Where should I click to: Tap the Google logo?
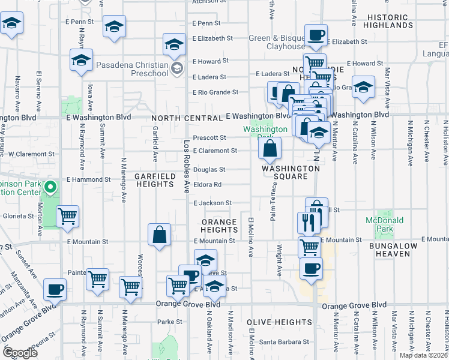coord(20,353)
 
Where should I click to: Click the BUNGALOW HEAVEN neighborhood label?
coord(388,250)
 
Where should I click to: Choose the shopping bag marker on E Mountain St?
coord(160,235)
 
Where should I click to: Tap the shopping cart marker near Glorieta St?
coord(68,217)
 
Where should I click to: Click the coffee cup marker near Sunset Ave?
coord(55,290)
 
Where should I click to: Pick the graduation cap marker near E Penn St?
coord(114,27)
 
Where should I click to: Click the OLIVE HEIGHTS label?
coord(279,322)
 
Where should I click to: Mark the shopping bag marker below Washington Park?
coord(270,149)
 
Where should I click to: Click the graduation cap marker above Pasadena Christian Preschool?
coord(174,44)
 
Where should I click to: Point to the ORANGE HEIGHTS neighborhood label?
coord(220,226)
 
